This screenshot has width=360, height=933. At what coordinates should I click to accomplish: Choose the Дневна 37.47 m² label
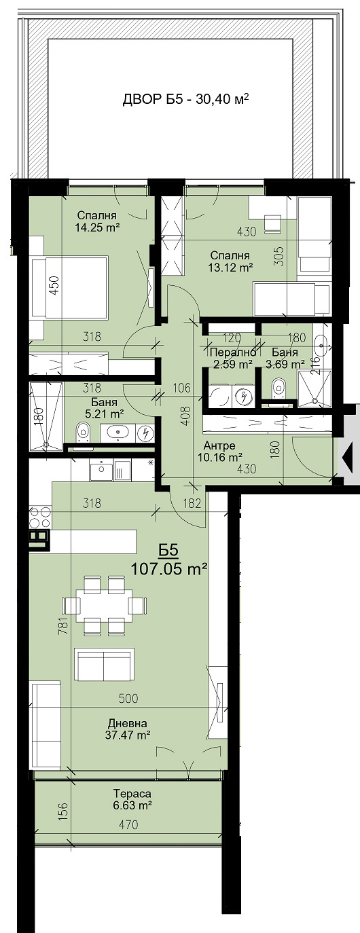click(126, 729)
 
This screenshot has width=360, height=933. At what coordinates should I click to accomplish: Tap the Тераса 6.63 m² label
click(132, 799)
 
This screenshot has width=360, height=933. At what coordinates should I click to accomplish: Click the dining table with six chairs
click(104, 604)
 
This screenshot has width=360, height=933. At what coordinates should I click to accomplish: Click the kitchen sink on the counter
click(101, 469)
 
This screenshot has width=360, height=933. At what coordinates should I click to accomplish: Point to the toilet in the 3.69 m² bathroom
click(277, 390)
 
